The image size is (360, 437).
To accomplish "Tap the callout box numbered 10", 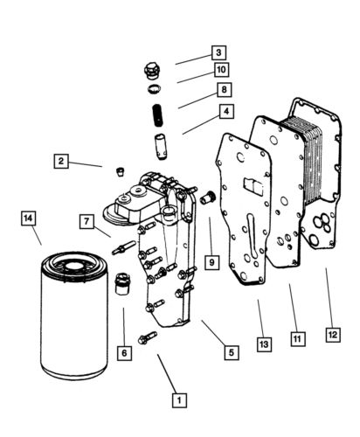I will click(221, 70).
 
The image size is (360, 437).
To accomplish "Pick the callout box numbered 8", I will click(224, 90).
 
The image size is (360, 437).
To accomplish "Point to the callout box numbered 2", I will click(61, 161).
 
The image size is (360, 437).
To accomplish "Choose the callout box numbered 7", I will click(88, 221).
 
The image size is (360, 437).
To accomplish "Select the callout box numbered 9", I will click(211, 260).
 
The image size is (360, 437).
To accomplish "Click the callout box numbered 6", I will click(125, 353).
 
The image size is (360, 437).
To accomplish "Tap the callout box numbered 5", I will click(231, 353).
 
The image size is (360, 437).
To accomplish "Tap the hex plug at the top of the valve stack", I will click(153, 70).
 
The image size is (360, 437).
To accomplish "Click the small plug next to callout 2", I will click(121, 170).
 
